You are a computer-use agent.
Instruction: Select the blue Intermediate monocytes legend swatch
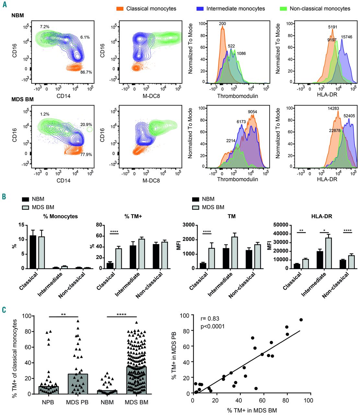200,9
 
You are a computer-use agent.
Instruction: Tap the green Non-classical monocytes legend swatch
283,9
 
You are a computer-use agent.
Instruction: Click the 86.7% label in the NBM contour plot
86,72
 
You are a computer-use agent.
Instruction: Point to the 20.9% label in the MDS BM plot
86,124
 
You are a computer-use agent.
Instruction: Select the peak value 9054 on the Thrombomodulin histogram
252,112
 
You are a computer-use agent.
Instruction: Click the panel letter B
4,196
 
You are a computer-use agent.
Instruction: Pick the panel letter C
4,310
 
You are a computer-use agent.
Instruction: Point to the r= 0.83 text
210,319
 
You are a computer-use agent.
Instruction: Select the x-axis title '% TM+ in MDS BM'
252,410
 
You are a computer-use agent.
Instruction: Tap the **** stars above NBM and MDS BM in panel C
122,314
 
